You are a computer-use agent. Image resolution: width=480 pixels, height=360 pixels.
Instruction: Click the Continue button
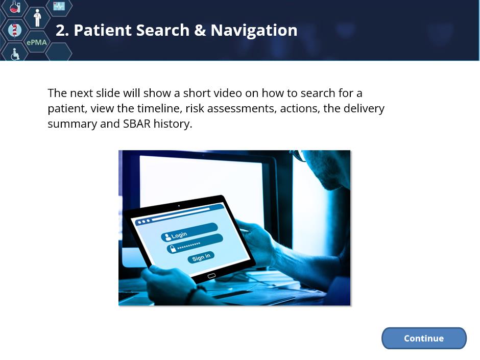424,338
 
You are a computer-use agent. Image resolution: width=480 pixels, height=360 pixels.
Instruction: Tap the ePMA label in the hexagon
37,42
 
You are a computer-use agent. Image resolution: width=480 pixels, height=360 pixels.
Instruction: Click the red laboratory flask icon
14,7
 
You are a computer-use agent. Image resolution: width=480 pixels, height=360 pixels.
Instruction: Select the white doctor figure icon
37,18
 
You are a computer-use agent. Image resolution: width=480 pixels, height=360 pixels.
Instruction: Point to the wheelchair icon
15,54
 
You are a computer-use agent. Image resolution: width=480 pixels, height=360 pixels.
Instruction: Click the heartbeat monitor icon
59,6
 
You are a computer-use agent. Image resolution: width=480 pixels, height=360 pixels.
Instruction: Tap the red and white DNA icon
15,30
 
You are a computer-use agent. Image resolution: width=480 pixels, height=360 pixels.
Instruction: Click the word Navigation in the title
254,30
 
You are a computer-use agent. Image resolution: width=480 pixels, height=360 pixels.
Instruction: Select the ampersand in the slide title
200,30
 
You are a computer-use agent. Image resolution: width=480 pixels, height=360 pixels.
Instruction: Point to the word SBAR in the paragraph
136,124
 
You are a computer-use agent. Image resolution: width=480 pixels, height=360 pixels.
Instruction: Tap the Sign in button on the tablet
201,257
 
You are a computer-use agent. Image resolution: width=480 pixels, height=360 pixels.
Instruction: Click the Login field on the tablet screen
189,232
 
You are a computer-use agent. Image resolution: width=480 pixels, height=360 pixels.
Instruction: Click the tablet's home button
211,276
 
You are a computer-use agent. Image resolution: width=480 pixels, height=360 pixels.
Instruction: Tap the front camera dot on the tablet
179,206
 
